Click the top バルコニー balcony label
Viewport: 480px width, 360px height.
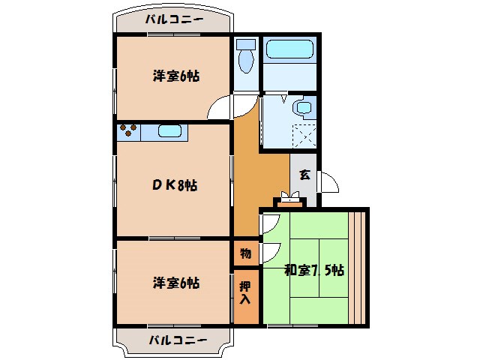[172, 20]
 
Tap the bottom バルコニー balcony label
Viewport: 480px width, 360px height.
[172, 340]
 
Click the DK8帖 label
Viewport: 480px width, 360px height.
[175, 185]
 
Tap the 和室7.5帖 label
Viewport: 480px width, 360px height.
[314, 270]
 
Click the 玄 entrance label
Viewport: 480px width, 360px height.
[304, 176]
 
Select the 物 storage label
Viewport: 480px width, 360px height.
[245, 253]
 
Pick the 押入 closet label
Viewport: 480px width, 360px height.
[245, 292]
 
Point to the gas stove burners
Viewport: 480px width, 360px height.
[127, 132]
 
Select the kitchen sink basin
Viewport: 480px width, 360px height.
[169, 133]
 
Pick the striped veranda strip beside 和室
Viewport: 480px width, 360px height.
[358, 267]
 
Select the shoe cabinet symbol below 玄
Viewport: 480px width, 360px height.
[289, 199]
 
